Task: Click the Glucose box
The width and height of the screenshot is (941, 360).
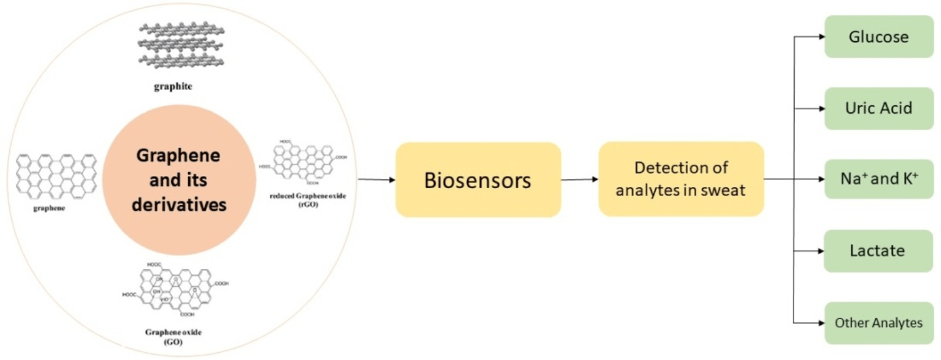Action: [878, 36]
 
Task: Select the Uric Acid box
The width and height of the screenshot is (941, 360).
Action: [878, 108]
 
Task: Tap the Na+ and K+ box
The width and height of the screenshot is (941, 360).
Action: [878, 179]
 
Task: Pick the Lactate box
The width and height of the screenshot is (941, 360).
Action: [877, 251]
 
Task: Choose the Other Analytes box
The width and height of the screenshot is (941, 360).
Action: [878, 322]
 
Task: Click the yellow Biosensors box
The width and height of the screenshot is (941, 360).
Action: [478, 180]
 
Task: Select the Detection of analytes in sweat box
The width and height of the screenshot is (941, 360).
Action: [680, 179]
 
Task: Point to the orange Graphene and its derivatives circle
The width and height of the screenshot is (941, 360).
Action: [179, 180]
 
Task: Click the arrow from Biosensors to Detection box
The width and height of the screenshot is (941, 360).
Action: [579, 179]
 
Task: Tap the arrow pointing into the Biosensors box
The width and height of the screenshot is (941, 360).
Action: [376, 179]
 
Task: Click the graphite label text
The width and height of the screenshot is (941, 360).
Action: [173, 86]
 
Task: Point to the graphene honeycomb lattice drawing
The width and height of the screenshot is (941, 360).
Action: [56, 175]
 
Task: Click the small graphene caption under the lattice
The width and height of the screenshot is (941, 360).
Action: [49, 208]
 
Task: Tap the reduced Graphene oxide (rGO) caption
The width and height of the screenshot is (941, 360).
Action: [308, 199]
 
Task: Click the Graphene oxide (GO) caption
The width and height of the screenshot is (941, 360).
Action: [173, 336]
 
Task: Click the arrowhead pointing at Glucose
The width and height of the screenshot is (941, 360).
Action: [821, 36]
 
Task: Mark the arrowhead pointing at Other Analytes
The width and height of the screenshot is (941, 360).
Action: [821, 322]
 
